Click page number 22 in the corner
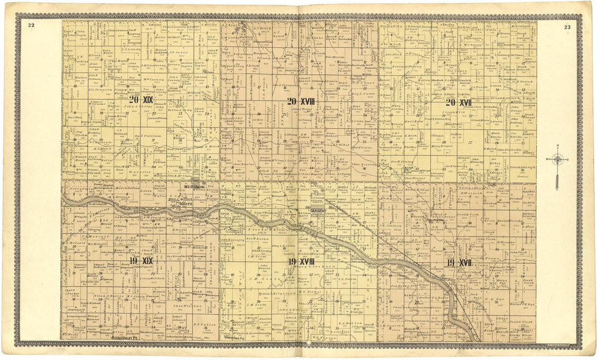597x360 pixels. click(31, 25)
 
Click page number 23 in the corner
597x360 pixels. click(567, 27)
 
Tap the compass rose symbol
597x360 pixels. click(558, 160)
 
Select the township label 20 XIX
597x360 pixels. click(141, 100)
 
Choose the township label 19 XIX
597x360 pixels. click(141, 261)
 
